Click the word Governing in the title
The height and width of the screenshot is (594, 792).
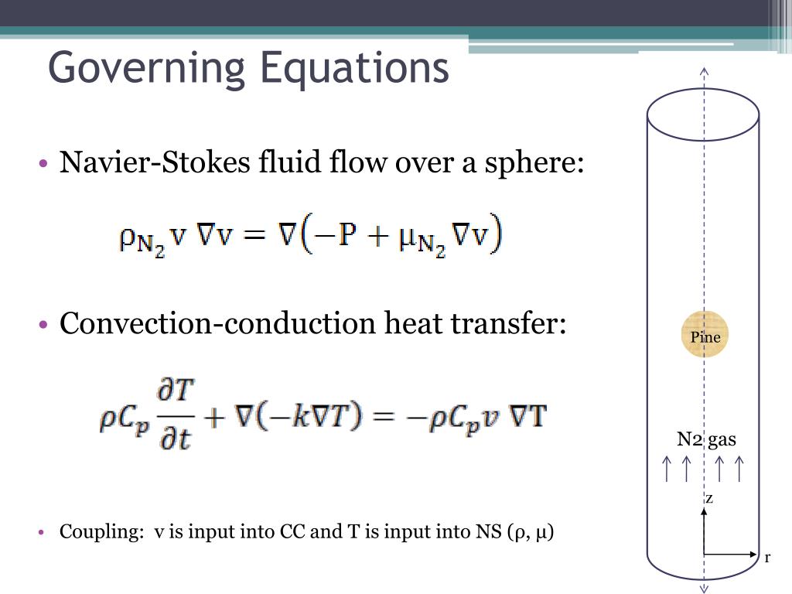[147, 68]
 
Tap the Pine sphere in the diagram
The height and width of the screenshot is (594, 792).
[705, 335]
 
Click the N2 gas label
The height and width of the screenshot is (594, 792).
[706, 441]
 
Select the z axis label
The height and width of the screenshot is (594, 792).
[709, 499]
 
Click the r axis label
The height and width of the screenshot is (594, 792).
[766, 558]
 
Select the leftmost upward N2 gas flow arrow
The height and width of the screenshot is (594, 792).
[667, 469]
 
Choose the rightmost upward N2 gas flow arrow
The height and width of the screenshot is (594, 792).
[739, 469]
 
